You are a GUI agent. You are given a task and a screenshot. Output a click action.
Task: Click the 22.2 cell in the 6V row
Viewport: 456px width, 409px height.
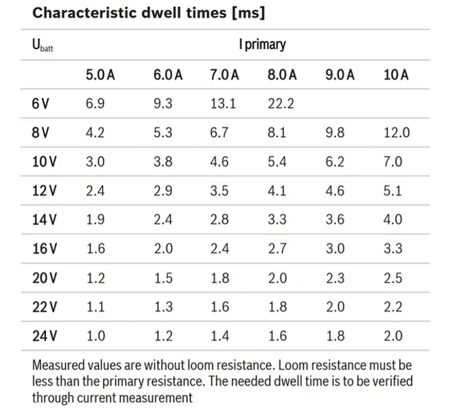(x=281, y=104)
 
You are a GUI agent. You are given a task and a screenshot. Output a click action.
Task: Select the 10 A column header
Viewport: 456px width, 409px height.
(x=396, y=75)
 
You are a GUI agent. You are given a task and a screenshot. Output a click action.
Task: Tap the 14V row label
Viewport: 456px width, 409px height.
(x=44, y=220)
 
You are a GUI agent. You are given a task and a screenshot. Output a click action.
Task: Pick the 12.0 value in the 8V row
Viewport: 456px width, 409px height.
(x=396, y=132)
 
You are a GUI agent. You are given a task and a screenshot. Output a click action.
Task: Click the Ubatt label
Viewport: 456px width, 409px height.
(x=43, y=45)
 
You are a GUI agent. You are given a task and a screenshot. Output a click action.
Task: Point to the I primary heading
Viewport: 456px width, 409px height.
(x=263, y=45)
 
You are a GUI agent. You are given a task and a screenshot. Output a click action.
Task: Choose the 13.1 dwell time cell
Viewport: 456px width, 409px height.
(x=223, y=104)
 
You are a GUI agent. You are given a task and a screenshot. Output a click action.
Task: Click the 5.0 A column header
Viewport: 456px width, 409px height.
(x=100, y=75)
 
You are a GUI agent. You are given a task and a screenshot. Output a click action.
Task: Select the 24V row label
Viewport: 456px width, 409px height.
(x=45, y=336)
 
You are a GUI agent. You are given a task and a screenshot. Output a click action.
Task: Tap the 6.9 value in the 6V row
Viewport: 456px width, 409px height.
(x=95, y=104)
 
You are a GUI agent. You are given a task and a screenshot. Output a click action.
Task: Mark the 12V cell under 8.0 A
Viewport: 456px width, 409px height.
(x=277, y=191)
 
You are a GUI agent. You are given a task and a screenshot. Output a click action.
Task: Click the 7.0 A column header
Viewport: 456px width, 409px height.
(x=224, y=75)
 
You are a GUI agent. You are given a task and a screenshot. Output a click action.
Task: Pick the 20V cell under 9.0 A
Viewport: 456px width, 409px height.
(x=335, y=278)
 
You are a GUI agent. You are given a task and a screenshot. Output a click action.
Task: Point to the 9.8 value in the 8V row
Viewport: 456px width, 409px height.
(x=335, y=132)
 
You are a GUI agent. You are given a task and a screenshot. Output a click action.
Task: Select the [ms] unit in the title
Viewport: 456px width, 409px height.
(x=249, y=13)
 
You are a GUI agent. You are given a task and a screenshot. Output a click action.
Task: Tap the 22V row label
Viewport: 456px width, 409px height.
(x=45, y=307)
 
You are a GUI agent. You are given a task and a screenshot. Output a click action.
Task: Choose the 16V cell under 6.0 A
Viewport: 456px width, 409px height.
(x=163, y=248)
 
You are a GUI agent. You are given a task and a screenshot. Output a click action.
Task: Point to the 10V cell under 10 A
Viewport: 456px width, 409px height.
(x=393, y=161)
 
